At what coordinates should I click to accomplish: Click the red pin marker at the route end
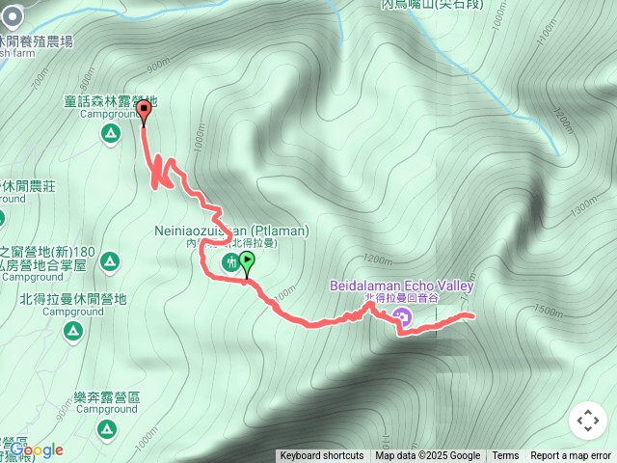145,113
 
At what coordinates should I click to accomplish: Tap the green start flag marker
248,261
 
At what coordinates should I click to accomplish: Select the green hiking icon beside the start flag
230,261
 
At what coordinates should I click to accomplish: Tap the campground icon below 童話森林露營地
107,132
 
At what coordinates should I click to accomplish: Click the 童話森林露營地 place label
109,101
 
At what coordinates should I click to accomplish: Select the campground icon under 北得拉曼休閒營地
71,331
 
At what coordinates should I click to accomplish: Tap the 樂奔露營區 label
107,396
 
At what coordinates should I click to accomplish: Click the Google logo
36,449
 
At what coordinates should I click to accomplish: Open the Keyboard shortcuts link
322,456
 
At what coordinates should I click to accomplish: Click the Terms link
505,456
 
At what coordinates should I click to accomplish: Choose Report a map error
571,456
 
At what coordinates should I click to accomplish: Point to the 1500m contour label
546,310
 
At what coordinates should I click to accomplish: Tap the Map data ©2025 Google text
428,456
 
